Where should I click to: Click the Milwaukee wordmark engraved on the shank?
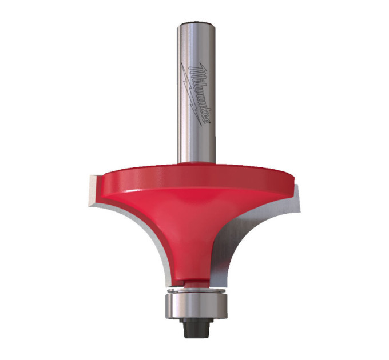(199, 93)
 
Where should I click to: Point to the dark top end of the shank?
(196, 23)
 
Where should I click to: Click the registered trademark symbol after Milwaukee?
(209, 122)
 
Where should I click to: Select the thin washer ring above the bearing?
(196, 290)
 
